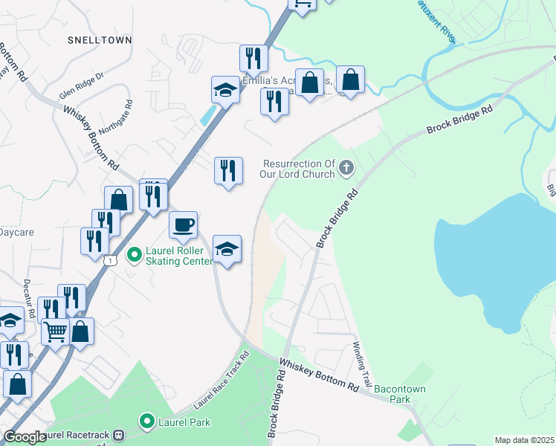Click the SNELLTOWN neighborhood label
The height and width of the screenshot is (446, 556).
(99, 39)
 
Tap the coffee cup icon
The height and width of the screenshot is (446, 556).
(183, 224)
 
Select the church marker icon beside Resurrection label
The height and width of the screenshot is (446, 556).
(346, 169)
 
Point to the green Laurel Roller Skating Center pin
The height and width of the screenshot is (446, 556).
(134, 256)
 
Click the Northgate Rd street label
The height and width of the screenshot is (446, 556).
(115, 117)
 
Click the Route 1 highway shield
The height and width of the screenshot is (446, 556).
(110, 260)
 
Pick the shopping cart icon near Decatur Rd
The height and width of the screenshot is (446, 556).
(56, 332)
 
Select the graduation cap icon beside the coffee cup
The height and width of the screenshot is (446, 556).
(227, 249)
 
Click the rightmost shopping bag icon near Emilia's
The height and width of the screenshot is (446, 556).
(350, 79)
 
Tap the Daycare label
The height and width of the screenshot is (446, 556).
(16, 232)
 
